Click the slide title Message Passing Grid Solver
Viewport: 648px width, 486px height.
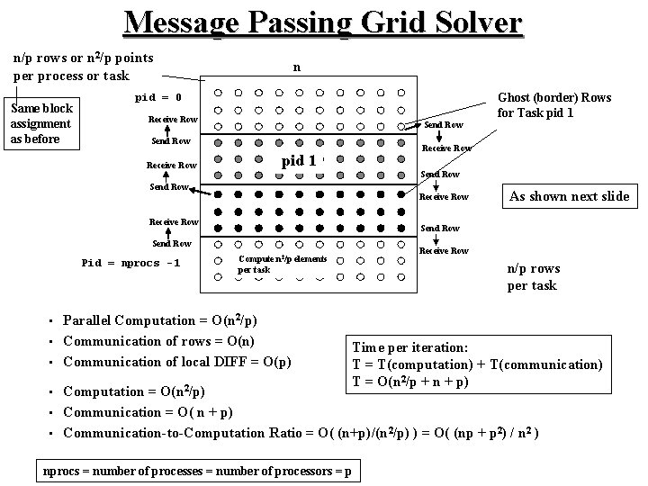point(323,22)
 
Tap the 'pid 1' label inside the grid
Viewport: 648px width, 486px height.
point(300,160)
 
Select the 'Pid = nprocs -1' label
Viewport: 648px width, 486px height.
point(130,263)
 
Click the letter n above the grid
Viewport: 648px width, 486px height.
point(297,67)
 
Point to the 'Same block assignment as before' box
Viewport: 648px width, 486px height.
point(40,123)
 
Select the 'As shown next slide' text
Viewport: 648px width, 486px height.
point(569,196)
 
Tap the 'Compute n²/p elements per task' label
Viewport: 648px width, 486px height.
point(282,264)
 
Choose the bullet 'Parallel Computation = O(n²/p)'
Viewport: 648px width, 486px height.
point(160,320)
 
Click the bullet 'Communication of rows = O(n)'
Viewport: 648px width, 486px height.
point(157,341)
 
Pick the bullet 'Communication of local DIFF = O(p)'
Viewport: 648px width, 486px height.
point(177,362)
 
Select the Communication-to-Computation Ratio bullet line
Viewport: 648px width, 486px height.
point(301,433)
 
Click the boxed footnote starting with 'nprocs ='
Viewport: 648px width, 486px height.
point(198,472)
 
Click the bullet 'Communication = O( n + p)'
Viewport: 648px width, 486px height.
point(149,412)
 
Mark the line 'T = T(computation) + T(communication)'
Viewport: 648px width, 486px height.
point(477,364)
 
